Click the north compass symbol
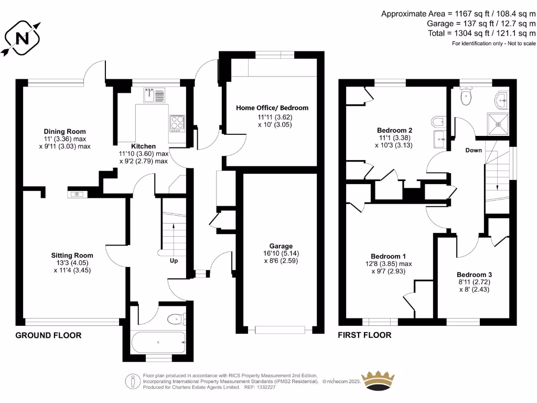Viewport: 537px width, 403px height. click(x=22, y=38)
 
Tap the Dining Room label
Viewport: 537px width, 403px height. click(x=65, y=131)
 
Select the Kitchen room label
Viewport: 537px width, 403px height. click(x=143, y=146)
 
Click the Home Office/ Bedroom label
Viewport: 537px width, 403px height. click(x=272, y=108)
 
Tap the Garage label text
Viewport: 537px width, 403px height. click(x=282, y=246)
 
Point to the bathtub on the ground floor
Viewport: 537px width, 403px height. click(x=158, y=342)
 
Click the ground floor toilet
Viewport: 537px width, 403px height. click(x=175, y=318)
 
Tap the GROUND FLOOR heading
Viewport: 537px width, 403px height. click(x=48, y=335)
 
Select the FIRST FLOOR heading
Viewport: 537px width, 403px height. click(x=364, y=335)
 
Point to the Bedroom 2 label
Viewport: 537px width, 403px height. click(x=394, y=130)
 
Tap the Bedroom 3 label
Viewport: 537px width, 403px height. click(x=474, y=274)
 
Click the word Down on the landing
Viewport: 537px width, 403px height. click(x=474, y=150)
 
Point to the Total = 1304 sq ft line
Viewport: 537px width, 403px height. click(x=481, y=33)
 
